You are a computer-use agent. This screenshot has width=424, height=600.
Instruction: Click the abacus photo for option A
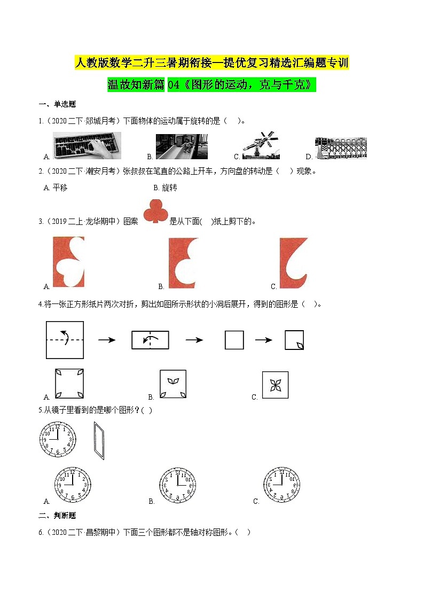pyautogui.click(x=87, y=146)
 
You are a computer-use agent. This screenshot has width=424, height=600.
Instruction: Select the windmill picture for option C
pyautogui.click(x=261, y=145)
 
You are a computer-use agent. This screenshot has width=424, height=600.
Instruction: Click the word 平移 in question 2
pyautogui.click(x=60, y=188)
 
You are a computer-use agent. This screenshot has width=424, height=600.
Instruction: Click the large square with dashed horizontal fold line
pyautogui.click(x=65, y=340)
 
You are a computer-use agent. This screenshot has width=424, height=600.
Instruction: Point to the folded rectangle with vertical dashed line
pyautogui.click(x=150, y=340)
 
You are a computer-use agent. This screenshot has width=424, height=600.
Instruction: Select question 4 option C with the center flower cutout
pyautogui.click(x=275, y=385)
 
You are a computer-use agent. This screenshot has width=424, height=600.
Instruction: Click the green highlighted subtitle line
pyautogui.click(x=212, y=85)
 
